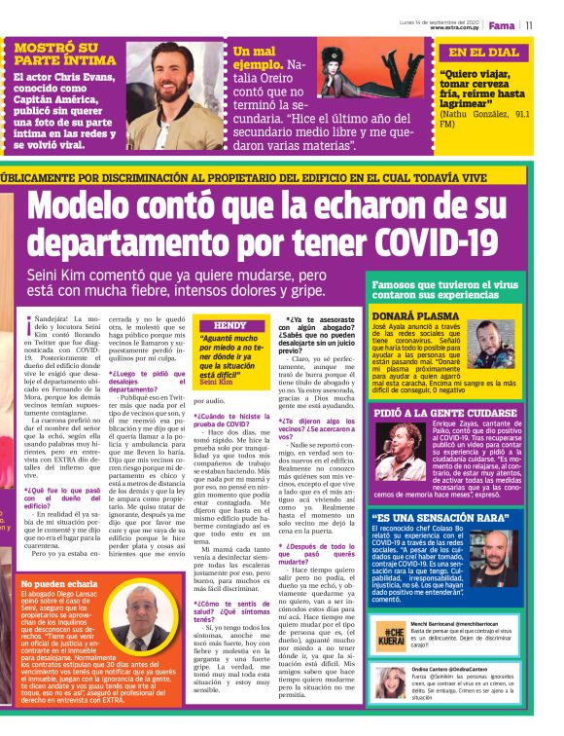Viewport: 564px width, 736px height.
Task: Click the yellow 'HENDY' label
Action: click(x=229, y=326)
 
